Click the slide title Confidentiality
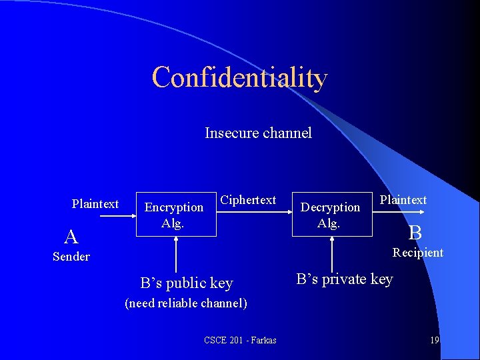239,77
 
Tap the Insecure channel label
258,133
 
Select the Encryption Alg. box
175,214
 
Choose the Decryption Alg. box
330,214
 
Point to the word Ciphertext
248,199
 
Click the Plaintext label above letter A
95,203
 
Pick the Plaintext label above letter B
403,199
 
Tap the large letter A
71,236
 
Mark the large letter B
415,233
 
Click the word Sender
71,257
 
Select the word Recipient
418,252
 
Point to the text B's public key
187,283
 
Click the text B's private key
345,279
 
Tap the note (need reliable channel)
186,303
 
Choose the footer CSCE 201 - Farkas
240,341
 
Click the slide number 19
434,340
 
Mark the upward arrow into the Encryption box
175,253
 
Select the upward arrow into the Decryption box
331,253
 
